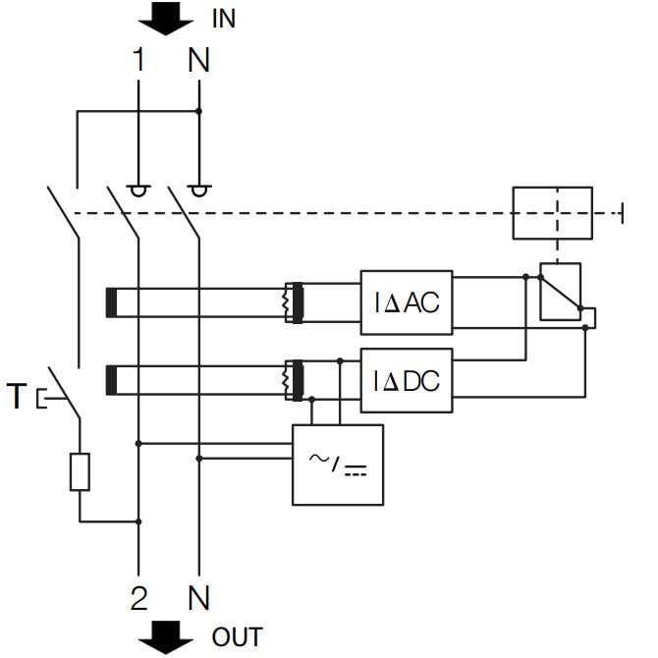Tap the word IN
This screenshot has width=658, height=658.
223,19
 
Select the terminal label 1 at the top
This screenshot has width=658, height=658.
139,60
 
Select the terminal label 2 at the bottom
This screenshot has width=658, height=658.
139,595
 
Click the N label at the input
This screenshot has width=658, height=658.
198,60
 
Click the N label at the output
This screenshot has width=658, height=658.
198,595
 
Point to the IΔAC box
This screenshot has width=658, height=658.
407,302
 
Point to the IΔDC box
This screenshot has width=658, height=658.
407,379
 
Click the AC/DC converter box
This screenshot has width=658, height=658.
338,465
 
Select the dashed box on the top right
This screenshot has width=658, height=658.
553,212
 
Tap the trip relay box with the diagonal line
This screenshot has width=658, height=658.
560,292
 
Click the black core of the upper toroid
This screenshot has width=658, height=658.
112,302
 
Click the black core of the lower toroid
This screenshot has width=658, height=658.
112,379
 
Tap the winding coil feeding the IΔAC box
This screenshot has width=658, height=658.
291,302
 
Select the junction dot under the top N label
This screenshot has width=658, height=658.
199,111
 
